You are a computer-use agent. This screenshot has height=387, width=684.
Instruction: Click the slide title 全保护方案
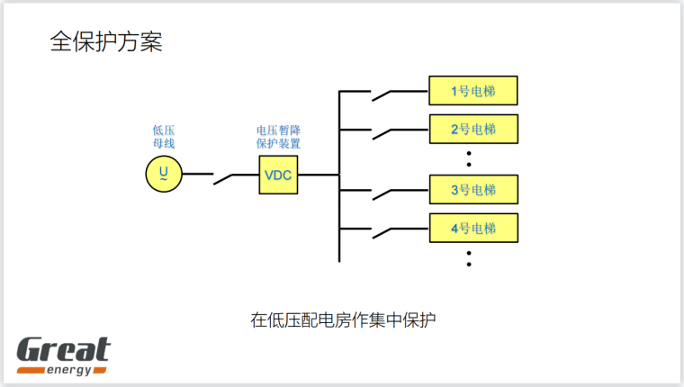click(x=106, y=41)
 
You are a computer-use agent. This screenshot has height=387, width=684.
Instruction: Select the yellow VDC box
click(x=278, y=175)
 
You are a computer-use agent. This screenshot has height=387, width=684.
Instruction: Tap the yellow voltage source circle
click(x=164, y=173)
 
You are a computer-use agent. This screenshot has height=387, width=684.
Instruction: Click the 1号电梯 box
click(x=473, y=91)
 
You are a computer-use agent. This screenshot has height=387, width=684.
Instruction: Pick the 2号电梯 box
click(x=473, y=129)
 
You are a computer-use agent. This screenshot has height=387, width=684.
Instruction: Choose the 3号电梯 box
click(x=473, y=190)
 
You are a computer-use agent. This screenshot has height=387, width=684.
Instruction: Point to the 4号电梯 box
click(x=473, y=228)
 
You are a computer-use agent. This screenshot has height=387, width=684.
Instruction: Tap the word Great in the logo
click(x=63, y=348)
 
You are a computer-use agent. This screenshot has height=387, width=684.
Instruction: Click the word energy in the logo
click(x=74, y=369)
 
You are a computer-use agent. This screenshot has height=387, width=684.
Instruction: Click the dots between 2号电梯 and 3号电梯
click(x=471, y=158)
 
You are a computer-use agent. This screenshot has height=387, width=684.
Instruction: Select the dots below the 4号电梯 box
click(x=471, y=258)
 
